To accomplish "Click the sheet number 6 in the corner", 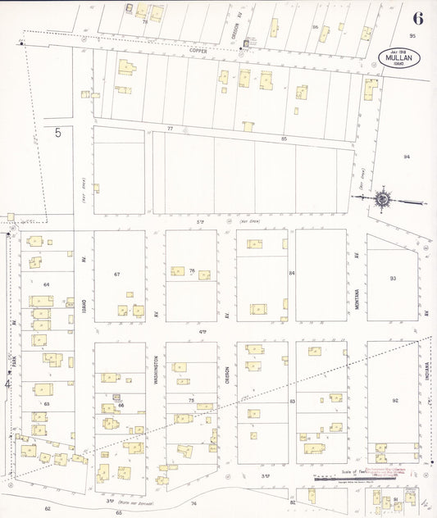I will [418, 18].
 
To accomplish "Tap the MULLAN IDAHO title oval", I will [399, 58].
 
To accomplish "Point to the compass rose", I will [382, 199].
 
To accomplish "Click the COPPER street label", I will [197, 50].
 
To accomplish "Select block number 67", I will [117, 273].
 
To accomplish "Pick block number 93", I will [394, 279].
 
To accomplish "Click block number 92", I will [395, 400].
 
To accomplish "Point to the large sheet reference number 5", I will [58, 133].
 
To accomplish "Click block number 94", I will [406, 156].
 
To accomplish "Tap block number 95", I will [413, 36].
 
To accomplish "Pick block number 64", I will [47, 284].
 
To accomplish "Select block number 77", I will [171, 129].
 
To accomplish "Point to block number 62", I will [48, 509].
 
